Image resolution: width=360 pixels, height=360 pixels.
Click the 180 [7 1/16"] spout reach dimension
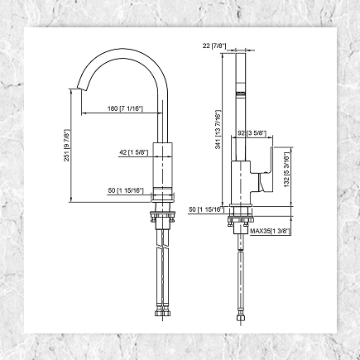point(126,108)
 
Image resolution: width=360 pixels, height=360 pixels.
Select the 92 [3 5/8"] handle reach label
point(251,132)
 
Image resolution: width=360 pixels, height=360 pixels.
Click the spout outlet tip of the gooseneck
point(81,89)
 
